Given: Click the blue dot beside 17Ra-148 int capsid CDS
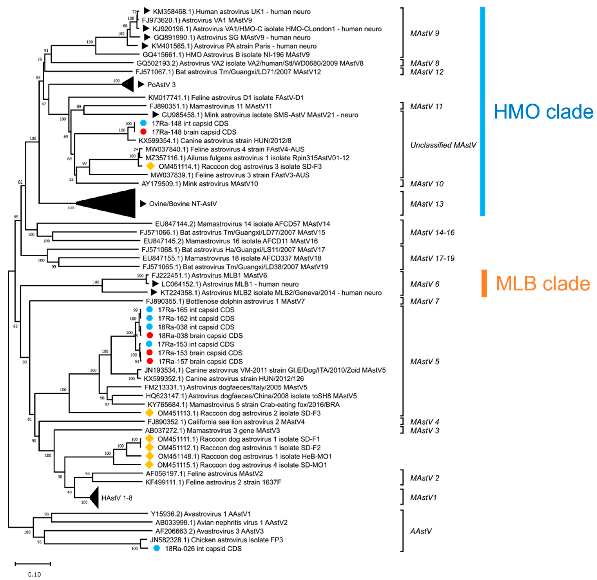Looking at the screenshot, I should tap(143, 123).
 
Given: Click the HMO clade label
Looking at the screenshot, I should tap(543, 111).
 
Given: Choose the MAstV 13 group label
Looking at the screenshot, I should tap(427, 204).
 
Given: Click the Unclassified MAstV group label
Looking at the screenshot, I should tap(443, 145).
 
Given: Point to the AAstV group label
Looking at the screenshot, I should tap(421, 531).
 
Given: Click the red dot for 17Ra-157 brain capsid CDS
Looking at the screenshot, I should tap(150, 361).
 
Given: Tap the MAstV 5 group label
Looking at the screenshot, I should tap(425, 361).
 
